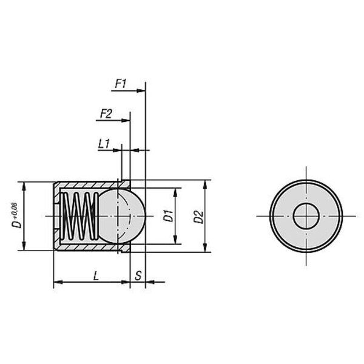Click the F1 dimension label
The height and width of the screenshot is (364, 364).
pos(121,84)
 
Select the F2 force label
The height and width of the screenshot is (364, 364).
pos(106,114)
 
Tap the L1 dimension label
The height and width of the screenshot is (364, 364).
pos(104,144)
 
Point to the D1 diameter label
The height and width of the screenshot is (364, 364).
pos(168,215)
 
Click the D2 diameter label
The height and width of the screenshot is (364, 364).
pos(198,217)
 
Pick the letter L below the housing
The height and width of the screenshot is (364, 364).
pos(96,276)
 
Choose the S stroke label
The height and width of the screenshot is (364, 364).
pos(138,276)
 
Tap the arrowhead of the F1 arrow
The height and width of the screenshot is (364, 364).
pos(141,91)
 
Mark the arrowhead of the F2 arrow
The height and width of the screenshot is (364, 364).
pos(126,120)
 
